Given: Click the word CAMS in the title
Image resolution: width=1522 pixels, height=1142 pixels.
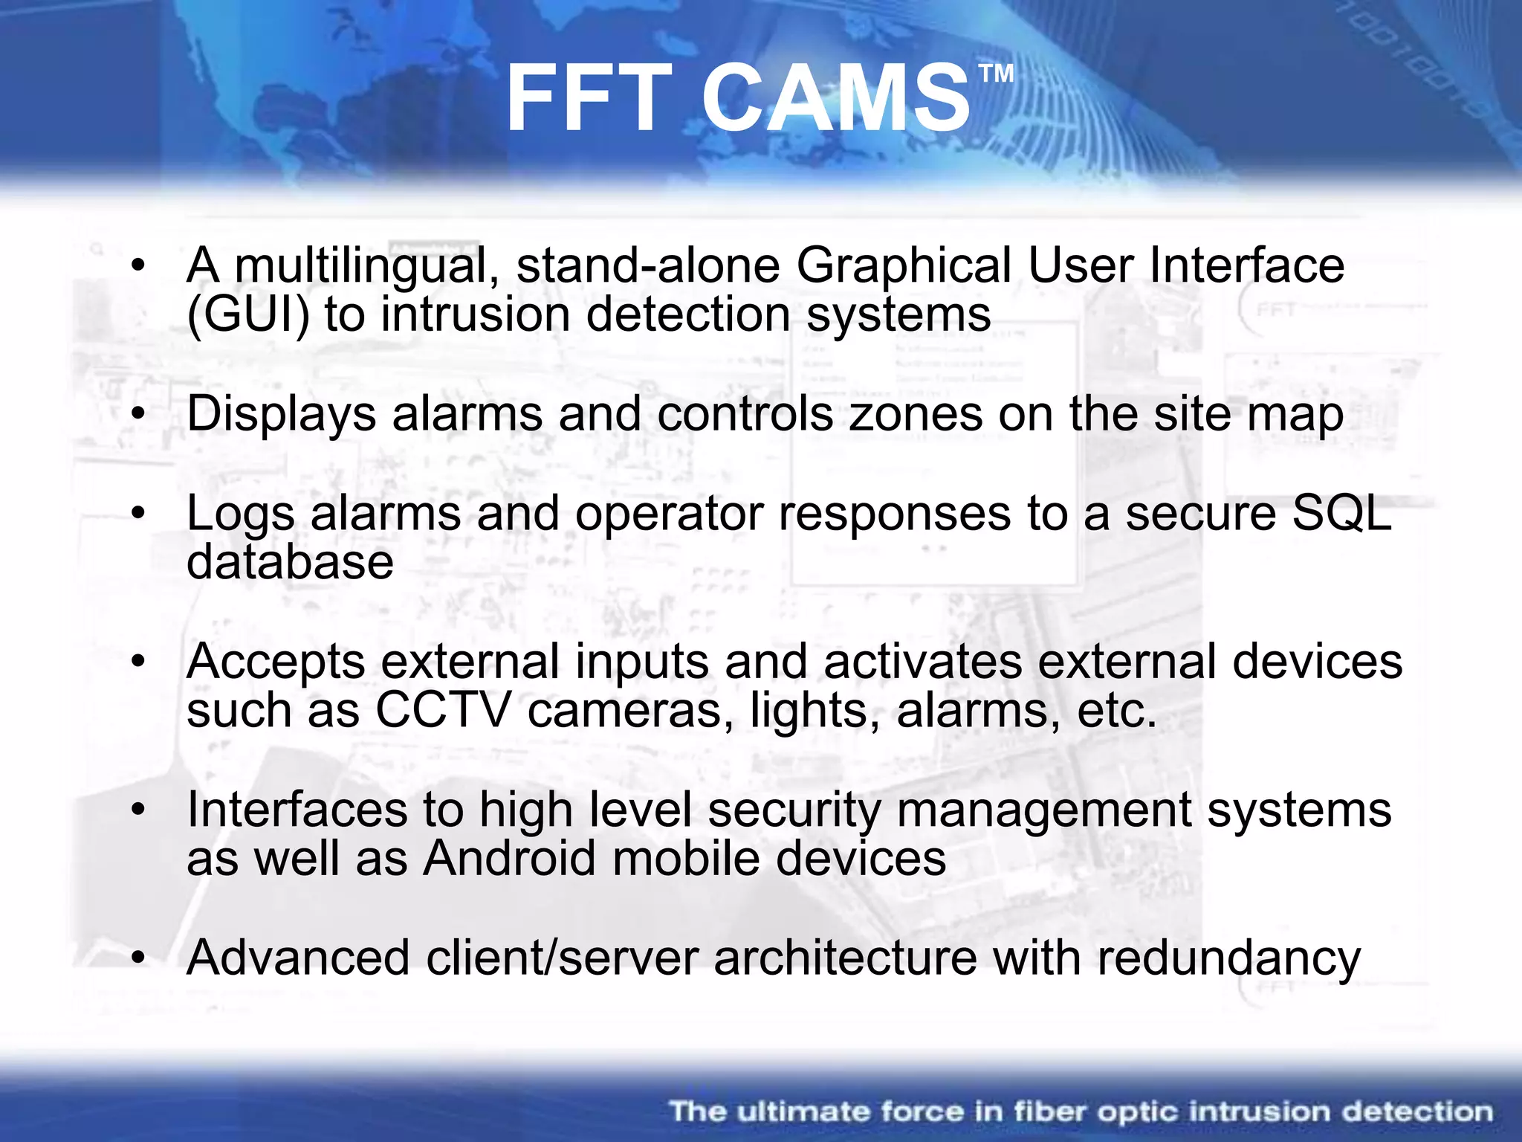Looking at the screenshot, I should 835,99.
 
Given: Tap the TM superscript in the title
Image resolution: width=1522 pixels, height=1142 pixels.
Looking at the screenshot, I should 996,74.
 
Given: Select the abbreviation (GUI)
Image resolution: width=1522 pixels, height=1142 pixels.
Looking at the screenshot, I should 248,314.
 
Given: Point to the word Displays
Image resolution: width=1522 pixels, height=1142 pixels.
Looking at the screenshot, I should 281,414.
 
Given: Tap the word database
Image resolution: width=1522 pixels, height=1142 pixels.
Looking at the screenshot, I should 290,561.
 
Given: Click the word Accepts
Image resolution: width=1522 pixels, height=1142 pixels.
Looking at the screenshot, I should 276,662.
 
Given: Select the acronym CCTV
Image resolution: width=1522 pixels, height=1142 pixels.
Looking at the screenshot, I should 444,710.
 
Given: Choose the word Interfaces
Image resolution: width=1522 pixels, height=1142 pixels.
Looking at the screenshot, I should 297,809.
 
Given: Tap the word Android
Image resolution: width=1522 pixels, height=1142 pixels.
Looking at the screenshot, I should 509,858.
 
